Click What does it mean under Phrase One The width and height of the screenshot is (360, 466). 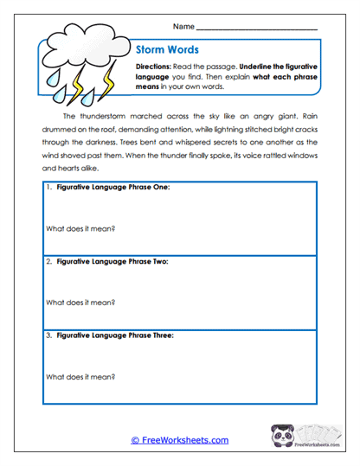[x=80, y=230]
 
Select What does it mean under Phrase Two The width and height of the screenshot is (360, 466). [x=80, y=303]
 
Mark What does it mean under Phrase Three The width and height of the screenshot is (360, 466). [x=80, y=376]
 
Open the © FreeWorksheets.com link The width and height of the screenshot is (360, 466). [x=180, y=440]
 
